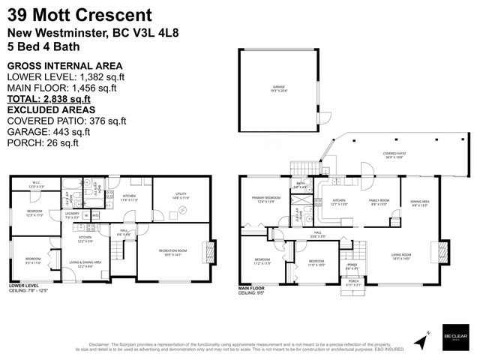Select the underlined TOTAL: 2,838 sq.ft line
(x=49, y=98)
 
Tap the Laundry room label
(x=71, y=216)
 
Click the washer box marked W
(x=86, y=216)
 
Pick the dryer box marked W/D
(x=96, y=216)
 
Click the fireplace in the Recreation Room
(x=211, y=251)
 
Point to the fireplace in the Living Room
(x=442, y=250)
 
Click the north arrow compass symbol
(x=424, y=338)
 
